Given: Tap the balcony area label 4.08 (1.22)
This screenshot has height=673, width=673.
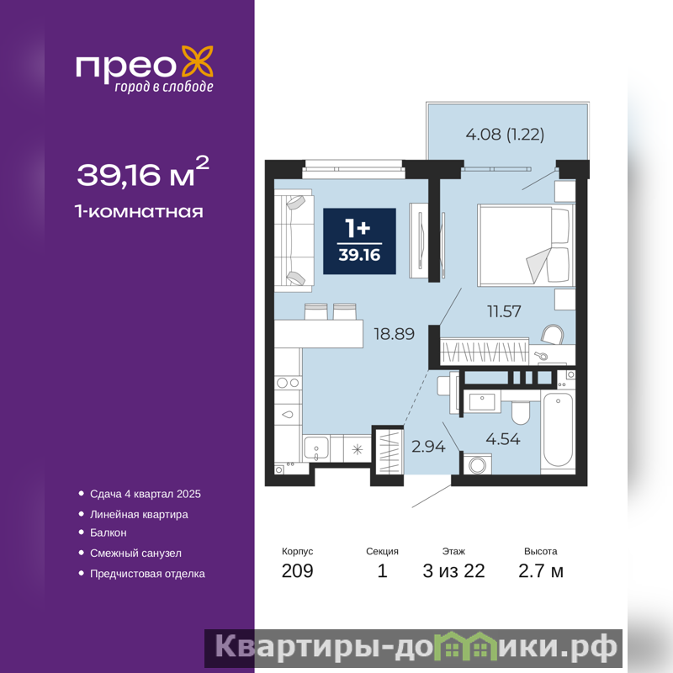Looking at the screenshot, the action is [505, 135].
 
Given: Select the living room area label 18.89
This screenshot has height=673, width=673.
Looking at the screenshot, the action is [394, 333].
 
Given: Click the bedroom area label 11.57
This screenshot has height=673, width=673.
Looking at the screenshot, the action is [504, 311].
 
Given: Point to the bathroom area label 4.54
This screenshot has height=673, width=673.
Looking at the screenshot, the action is [502, 438].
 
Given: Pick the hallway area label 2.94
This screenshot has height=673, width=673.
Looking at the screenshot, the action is [428, 447].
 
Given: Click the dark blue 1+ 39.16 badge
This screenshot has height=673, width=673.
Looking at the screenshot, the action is [359, 241].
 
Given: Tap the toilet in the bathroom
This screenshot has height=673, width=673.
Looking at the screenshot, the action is [521, 412].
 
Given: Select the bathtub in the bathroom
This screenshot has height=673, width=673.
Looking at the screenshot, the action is [558, 429].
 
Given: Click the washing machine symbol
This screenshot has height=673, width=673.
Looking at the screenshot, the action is [477, 464].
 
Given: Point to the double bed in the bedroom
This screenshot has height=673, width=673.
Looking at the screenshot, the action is [526, 245].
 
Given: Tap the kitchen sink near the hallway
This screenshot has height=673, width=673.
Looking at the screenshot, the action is [316, 448].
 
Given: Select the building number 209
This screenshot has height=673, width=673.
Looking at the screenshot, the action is [298, 571].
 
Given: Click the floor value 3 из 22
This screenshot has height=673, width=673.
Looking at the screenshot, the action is [453, 571].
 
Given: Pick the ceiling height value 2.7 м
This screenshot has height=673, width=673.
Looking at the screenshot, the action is [540, 571].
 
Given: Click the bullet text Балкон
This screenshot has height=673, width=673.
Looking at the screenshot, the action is [109, 533].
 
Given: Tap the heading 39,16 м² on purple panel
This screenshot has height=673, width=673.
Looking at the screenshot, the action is [143, 172].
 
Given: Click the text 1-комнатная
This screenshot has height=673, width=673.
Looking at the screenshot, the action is [139, 212].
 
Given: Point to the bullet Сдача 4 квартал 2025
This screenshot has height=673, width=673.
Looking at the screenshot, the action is [145, 494].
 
